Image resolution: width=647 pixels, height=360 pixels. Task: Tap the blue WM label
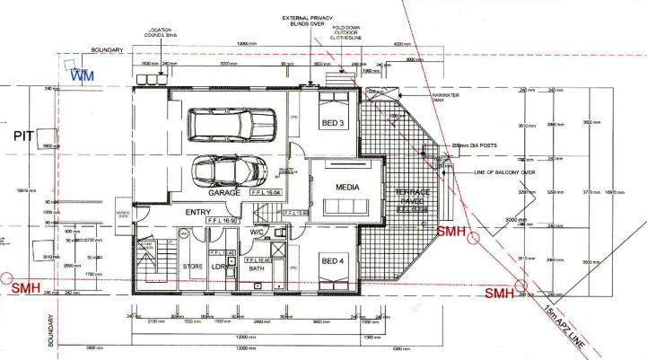pyautogui.click(x=83, y=78)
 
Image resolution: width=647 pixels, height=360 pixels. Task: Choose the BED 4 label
pyautogui.click(x=331, y=262)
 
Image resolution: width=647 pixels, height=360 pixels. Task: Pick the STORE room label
pyautogui.click(x=191, y=266)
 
